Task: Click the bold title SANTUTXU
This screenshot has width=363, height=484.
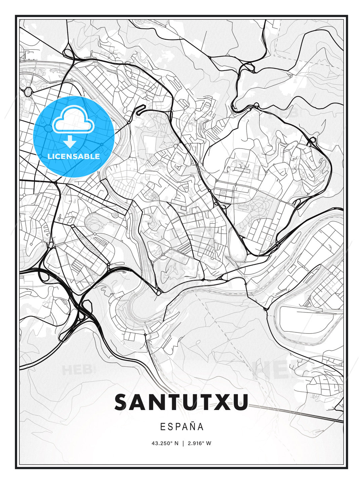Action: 182,402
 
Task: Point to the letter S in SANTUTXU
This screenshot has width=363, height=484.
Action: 123,402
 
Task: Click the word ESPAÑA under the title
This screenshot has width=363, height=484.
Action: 182,427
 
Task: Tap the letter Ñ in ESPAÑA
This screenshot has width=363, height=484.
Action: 192,427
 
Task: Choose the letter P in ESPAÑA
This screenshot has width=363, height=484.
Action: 177,427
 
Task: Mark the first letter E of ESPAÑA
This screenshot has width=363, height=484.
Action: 162,427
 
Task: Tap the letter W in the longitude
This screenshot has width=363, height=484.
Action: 209,443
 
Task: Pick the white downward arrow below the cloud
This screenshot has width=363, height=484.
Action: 70,142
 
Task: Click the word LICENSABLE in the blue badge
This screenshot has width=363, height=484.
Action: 74,156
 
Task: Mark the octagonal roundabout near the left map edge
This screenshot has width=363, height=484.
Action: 28,91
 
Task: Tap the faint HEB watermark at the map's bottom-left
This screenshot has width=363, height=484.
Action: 77,370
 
